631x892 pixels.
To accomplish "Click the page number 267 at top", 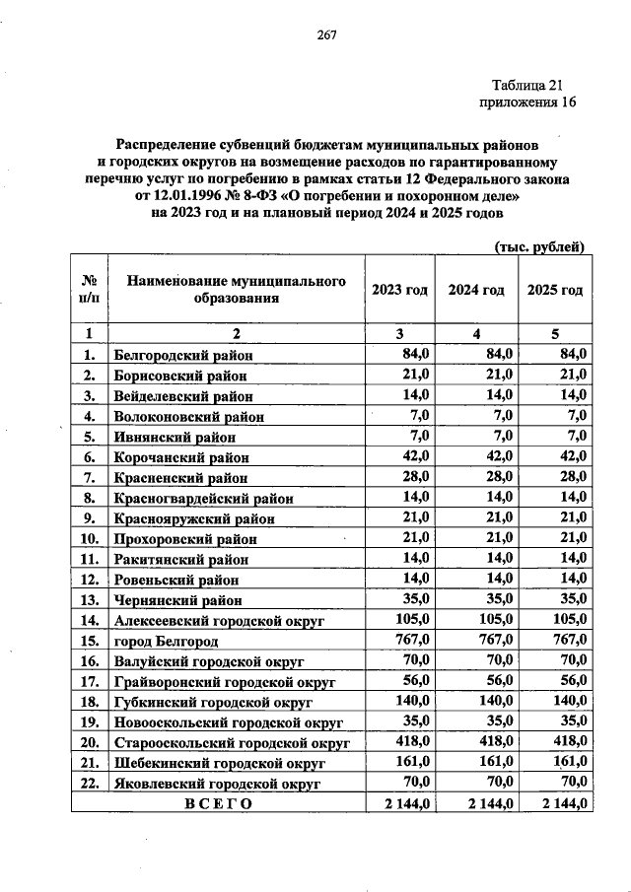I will (327, 36).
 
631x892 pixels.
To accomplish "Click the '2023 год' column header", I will (399, 290).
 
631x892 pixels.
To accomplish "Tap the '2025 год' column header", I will (555, 290).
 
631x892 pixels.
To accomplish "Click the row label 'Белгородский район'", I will (183, 355).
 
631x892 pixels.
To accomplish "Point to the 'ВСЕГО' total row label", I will (218, 803).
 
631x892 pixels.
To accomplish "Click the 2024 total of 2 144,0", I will (477, 803).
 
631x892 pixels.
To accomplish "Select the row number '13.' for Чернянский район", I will (89, 599).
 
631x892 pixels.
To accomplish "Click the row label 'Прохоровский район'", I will (184, 539).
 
